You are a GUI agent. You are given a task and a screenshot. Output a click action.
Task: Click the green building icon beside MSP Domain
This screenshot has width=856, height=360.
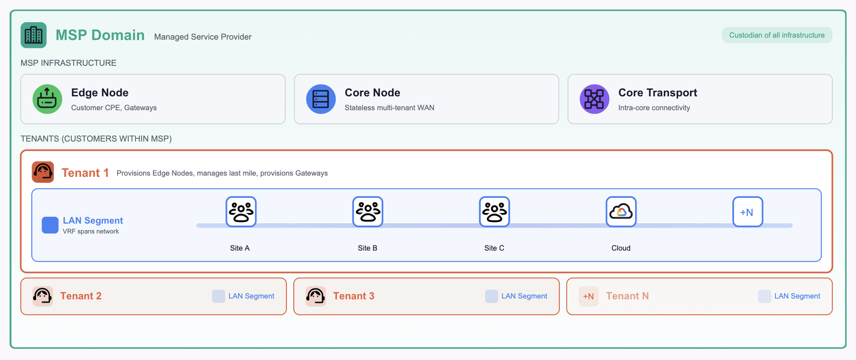tap(34, 35)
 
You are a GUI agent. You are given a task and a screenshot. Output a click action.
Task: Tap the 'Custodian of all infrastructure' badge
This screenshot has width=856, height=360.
tap(777, 35)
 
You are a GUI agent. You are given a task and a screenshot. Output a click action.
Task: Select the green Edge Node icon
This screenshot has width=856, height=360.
tap(47, 99)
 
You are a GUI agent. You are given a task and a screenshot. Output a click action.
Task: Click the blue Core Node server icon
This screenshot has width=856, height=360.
tap(321, 99)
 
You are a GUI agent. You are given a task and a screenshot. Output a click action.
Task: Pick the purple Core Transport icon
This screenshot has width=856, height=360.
tap(594, 99)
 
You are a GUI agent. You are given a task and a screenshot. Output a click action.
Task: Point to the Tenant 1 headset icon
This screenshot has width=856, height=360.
tap(43, 172)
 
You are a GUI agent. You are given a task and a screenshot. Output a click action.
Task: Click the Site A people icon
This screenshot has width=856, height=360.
tap(241, 212)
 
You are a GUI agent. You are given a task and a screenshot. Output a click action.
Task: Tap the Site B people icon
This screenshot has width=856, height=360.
tap(368, 212)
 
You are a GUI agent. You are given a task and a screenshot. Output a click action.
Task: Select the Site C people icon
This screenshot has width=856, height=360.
tap(495, 212)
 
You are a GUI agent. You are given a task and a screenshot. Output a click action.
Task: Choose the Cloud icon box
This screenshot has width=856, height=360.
tap(621, 212)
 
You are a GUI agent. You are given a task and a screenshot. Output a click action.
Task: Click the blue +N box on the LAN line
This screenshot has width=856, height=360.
tap(747, 212)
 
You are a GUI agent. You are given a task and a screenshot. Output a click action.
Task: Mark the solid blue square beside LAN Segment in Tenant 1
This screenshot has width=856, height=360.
tap(50, 225)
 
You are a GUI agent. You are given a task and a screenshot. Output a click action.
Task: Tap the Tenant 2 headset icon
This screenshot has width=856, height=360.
tap(43, 296)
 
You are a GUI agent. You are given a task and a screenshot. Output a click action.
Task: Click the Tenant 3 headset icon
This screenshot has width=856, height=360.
tap(316, 296)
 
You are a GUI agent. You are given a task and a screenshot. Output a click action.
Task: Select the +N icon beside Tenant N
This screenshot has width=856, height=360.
tap(588, 296)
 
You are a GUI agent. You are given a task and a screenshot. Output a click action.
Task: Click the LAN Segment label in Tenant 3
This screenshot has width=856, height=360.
tap(524, 296)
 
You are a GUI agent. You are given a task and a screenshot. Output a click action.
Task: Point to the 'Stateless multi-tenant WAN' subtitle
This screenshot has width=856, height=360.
tap(390, 108)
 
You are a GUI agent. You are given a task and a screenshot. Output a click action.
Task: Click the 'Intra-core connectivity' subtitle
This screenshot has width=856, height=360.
tap(654, 108)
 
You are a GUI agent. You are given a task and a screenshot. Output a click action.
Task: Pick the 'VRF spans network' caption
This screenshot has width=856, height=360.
tap(91, 232)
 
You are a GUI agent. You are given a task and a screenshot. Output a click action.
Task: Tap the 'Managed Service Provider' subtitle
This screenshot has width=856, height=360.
tap(203, 37)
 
